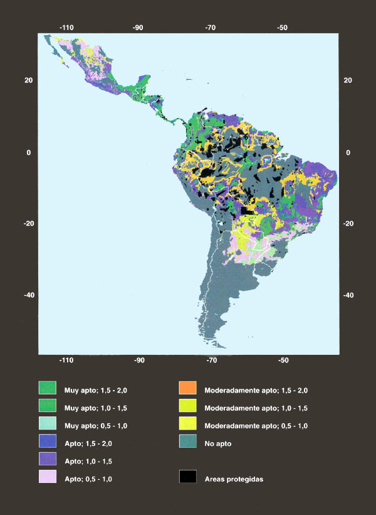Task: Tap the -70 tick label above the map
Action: pos(211,28)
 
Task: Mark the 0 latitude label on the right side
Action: pos(347,152)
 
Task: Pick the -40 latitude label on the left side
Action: pos(27,295)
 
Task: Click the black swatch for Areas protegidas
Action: pos(188,478)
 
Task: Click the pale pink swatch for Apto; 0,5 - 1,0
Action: pos(48,478)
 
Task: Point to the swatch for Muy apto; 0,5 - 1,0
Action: pos(48,425)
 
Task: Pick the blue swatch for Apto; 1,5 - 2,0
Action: pos(48,442)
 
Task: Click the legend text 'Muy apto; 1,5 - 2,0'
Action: pos(96,390)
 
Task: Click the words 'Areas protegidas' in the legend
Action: pos(234,479)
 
